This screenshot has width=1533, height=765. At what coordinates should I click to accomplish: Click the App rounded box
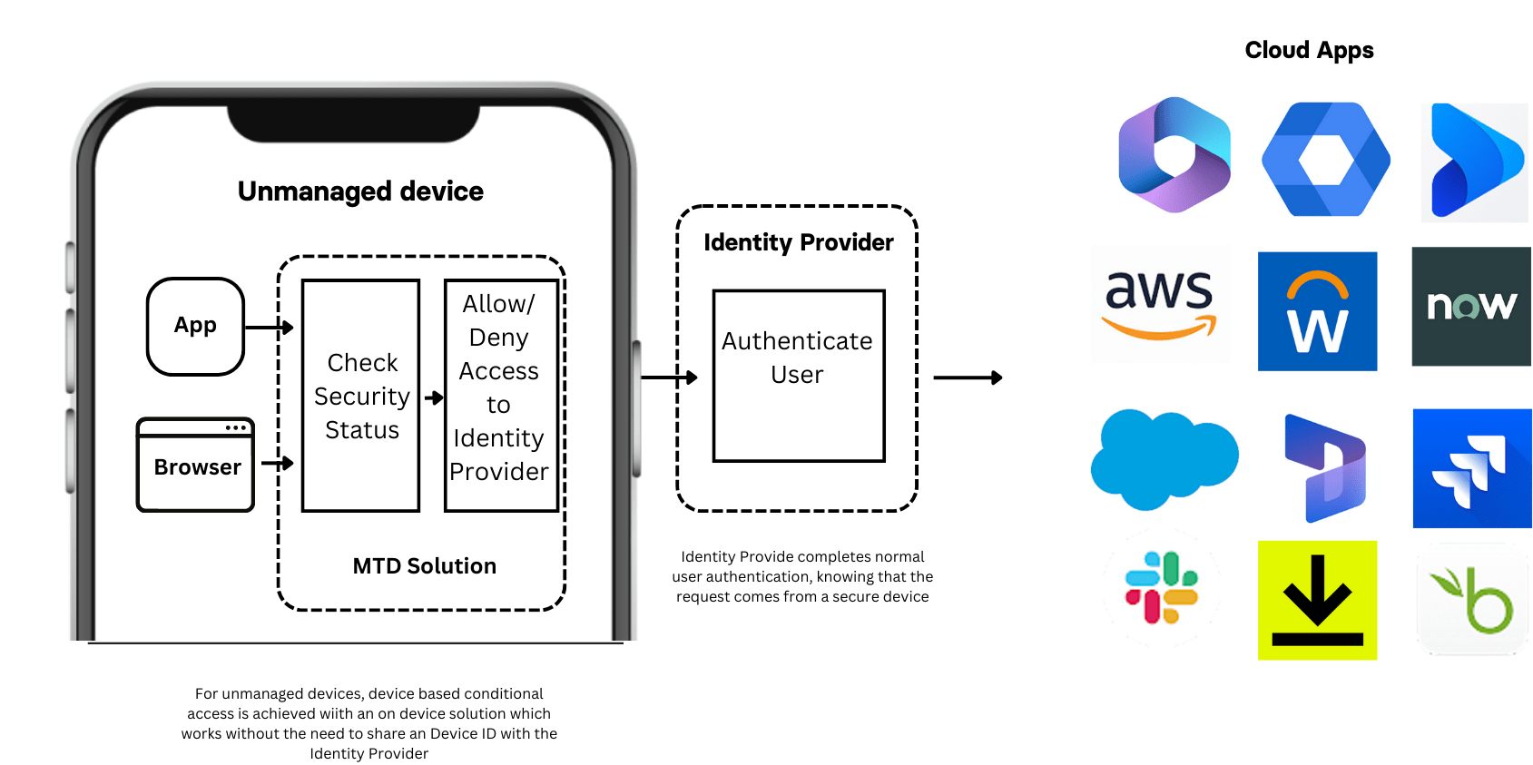pyautogui.click(x=195, y=327)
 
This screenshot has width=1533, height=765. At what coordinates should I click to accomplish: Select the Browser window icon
pyautogui.click(x=195, y=465)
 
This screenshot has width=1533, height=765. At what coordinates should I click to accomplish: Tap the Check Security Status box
pyautogui.click(x=360, y=396)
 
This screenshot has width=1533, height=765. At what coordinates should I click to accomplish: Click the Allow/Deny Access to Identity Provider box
pyautogui.click(x=500, y=396)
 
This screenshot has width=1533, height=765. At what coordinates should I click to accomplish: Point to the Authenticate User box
pyautogui.click(x=798, y=376)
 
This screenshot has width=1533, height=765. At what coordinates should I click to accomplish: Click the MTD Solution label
pyautogui.click(x=424, y=566)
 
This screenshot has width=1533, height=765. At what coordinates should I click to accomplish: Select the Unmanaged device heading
pyautogui.click(x=360, y=191)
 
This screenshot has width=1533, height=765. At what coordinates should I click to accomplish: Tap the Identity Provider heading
pyautogui.click(x=798, y=242)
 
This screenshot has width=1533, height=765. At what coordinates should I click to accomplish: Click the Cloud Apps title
pyautogui.click(x=1308, y=50)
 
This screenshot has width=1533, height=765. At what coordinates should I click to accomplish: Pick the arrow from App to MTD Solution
pyautogui.click(x=269, y=328)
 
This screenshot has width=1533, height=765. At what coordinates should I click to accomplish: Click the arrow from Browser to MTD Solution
pyautogui.click(x=277, y=464)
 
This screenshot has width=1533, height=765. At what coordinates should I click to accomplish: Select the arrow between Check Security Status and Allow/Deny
pyautogui.click(x=433, y=397)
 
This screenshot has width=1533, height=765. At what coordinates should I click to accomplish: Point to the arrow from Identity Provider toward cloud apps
pyautogui.click(x=968, y=378)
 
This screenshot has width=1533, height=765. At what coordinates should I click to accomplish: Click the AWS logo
pyautogui.click(x=1160, y=304)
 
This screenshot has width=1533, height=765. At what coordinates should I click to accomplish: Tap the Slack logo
pyautogui.click(x=1161, y=588)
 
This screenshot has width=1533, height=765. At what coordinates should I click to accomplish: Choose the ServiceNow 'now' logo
pyautogui.click(x=1470, y=306)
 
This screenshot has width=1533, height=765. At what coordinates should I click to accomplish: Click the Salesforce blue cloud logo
pyautogui.click(x=1163, y=458)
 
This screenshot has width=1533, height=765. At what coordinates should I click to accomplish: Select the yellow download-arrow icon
pyautogui.click(x=1317, y=600)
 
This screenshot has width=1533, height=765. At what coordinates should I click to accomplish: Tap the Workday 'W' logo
pyautogui.click(x=1317, y=311)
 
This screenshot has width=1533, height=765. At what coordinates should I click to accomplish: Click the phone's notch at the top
pyautogui.click(x=353, y=122)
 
